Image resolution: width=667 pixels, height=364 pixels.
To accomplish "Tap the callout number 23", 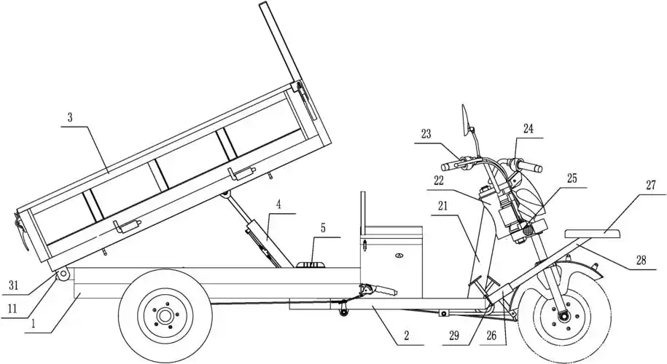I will [426, 134].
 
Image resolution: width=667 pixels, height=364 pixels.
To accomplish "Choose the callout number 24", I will [527, 129].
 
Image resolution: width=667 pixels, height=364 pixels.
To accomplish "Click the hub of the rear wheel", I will [165, 315].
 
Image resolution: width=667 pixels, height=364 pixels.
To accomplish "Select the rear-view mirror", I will [464, 119].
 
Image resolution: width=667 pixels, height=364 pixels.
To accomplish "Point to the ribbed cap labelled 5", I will [313, 264].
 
